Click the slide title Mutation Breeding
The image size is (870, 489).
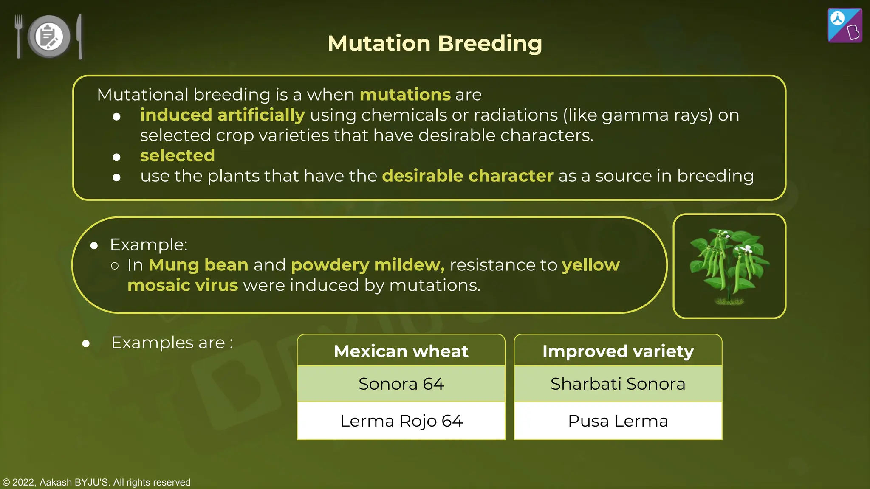435,43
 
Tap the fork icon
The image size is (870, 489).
18,36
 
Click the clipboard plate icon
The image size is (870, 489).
49,37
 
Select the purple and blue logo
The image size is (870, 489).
845,25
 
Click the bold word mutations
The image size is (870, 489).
405,94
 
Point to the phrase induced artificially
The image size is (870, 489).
222,115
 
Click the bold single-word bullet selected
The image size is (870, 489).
177,155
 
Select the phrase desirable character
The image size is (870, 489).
467,176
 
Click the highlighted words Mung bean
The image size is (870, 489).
198,265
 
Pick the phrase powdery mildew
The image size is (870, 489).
367,265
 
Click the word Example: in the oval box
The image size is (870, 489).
149,244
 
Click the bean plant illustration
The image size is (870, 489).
729,266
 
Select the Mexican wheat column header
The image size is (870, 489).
401,351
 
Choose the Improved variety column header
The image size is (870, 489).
618,351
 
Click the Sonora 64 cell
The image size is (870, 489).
401,384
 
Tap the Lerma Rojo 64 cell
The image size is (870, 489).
401,421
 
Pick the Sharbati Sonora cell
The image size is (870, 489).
618,384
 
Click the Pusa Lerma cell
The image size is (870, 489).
618,421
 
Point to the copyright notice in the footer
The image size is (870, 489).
96,482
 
